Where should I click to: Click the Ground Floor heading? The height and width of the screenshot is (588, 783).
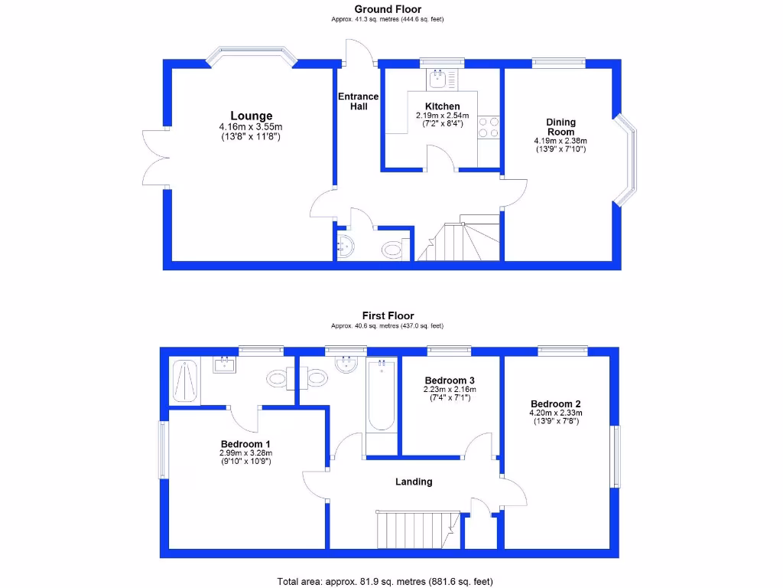pos(388,9)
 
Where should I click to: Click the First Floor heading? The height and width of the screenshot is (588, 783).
pos(388,315)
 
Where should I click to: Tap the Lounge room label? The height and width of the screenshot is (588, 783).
pos(252,116)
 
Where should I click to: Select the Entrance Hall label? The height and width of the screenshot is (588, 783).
pos(358,101)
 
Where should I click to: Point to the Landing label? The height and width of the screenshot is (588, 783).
pos(414,482)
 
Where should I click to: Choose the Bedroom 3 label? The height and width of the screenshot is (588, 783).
pos(450,381)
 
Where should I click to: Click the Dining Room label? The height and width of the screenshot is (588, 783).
pos(560,127)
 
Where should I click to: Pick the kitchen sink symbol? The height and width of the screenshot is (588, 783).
pos(440,77)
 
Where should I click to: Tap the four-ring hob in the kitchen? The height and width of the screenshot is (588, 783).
pos(489,126)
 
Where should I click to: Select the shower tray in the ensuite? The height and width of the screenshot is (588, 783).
pos(184,381)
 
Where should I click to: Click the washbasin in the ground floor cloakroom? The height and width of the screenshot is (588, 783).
pos(346,247)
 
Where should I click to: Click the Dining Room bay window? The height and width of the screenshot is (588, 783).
pos(629,161)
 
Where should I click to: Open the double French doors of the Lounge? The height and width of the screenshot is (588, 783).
pos(155,157)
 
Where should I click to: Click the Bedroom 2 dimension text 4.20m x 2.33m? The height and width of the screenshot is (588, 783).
pos(556,413)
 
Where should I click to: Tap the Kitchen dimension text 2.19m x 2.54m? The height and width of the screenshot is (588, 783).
pos(442,116)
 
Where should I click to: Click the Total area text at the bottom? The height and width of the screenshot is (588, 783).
pos(391,581)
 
